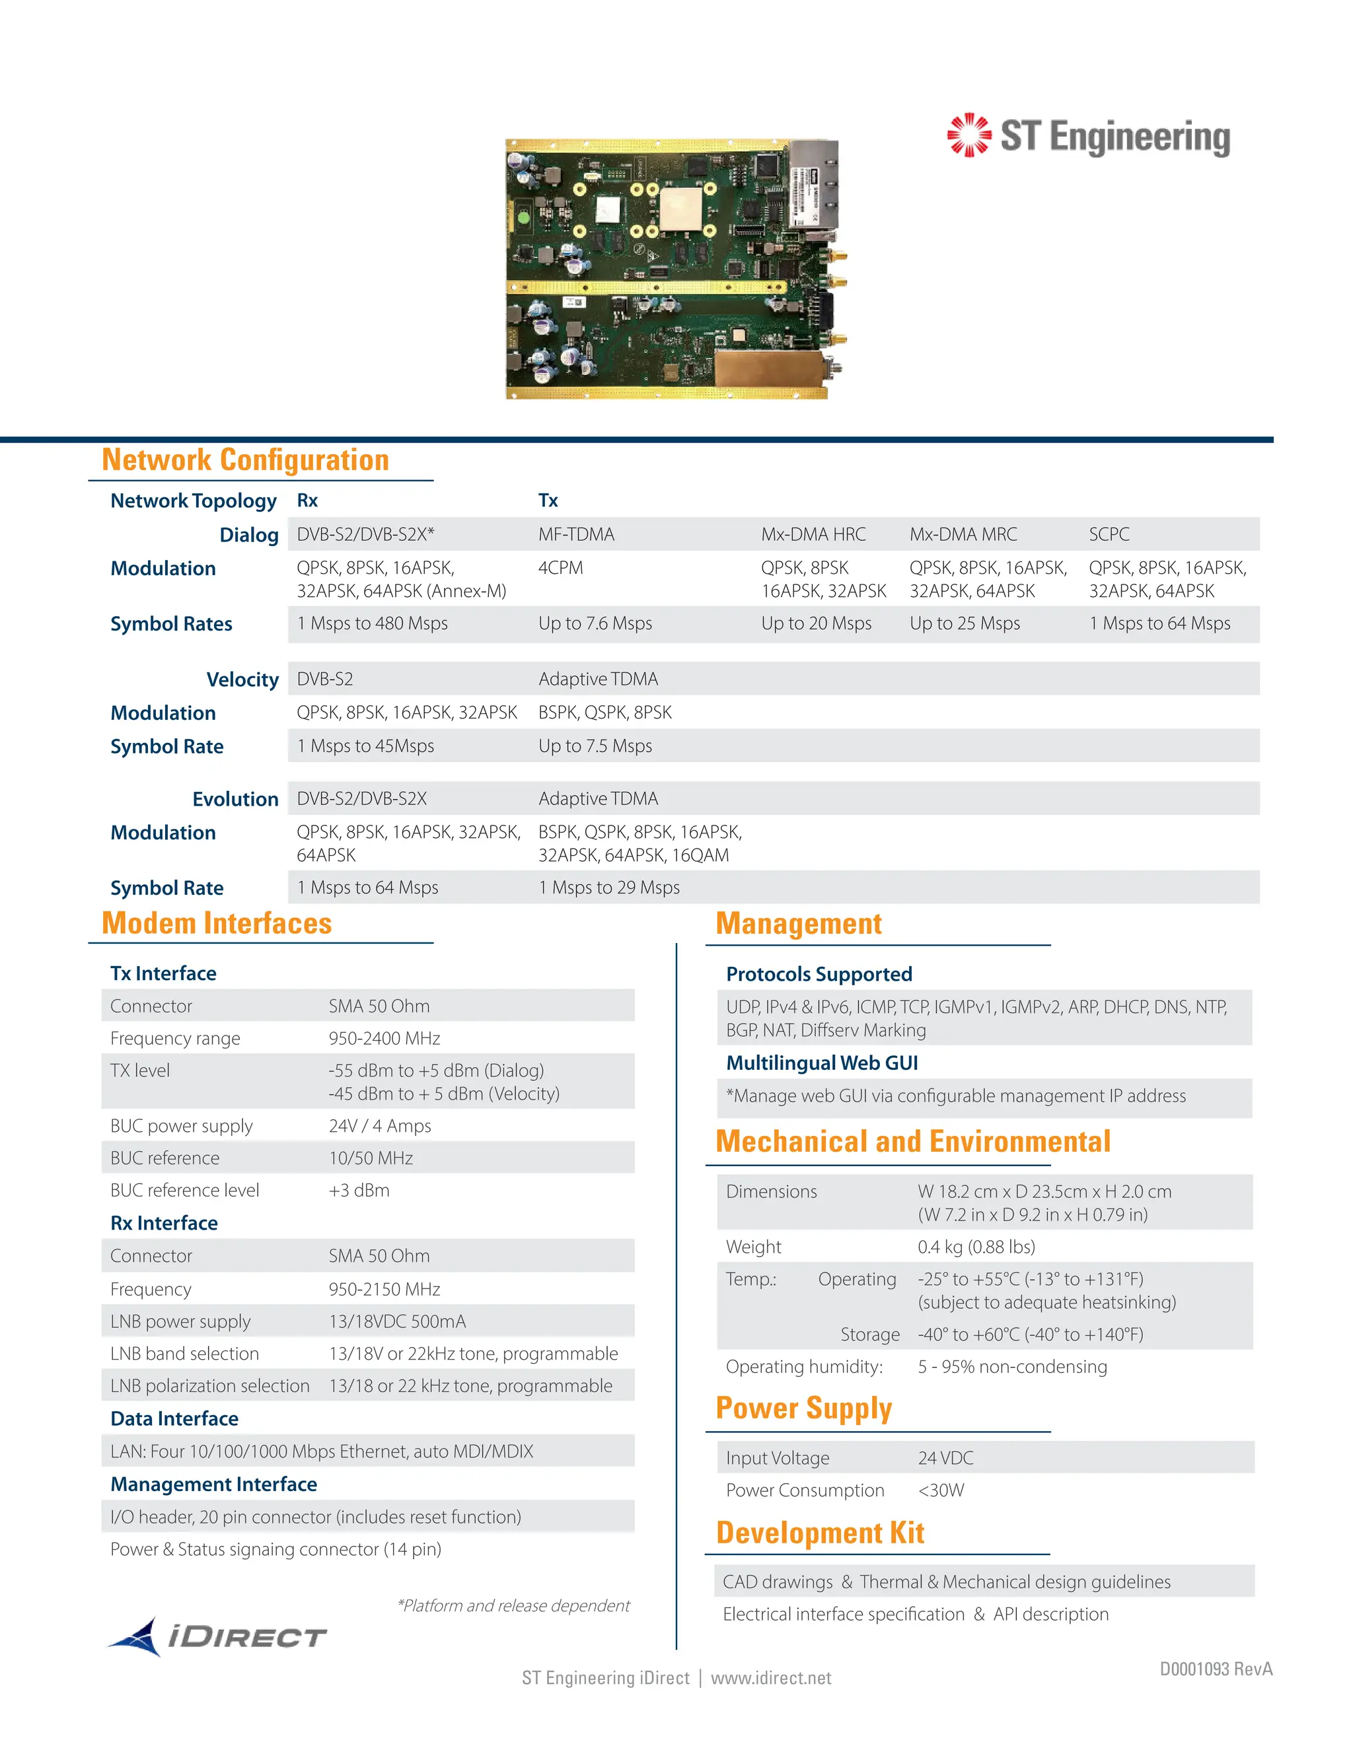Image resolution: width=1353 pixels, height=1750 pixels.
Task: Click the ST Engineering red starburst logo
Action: [x=969, y=135]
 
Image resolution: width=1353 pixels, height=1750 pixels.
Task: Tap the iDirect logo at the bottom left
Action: [x=217, y=1636]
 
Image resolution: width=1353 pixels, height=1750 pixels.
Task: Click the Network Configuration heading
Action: [x=245, y=460]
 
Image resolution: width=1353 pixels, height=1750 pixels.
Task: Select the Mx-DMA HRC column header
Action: [x=813, y=534]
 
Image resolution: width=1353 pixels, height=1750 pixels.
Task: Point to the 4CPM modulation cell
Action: [x=560, y=568]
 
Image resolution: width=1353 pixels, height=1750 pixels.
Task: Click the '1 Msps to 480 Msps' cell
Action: [x=372, y=623]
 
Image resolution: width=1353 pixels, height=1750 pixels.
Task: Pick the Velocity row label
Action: [x=242, y=680]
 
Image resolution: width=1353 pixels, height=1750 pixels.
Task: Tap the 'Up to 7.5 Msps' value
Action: [x=595, y=746]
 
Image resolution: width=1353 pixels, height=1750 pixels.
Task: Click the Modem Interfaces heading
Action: [x=217, y=923]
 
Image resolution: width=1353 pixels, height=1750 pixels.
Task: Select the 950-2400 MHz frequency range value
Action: [x=384, y=1039]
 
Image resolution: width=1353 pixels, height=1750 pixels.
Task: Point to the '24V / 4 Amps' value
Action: [x=379, y=1126]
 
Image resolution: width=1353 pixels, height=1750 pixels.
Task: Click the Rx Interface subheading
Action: [x=164, y=1223]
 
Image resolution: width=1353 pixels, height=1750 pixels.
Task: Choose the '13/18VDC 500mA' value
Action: [x=397, y=1321]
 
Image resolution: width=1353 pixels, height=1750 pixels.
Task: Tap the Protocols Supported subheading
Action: [x=819, y=974]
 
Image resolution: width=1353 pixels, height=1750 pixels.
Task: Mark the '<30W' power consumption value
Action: [x=941, y=1490]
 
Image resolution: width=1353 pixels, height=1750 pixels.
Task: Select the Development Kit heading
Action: [x=820, y=1533]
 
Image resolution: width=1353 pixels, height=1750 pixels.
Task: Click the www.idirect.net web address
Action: [x=770, y=1678]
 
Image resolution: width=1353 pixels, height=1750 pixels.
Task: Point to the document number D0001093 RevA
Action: [x=1215, y=1669]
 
